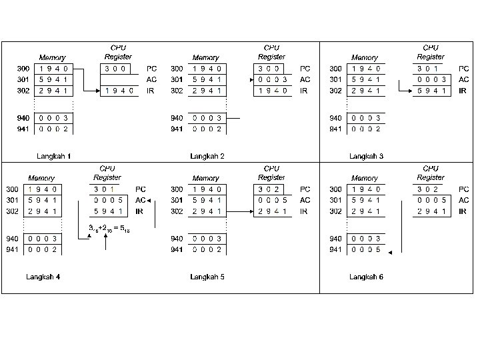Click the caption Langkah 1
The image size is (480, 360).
point(54,156)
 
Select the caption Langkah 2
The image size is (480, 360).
point(207,156)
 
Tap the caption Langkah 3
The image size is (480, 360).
point(367,156)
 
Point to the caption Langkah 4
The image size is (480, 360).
point(43,277)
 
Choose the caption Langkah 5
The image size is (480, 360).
point(207,277)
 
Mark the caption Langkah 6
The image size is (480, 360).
point(367,277)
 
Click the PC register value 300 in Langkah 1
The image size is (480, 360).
point(115,69)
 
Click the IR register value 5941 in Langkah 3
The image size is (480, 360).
point(431,91)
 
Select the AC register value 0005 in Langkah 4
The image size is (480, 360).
point(108,200)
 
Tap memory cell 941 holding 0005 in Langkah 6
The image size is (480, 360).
point(365,250)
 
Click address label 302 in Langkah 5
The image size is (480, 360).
point(177,211)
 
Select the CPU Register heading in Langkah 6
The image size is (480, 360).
point(431,173)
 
